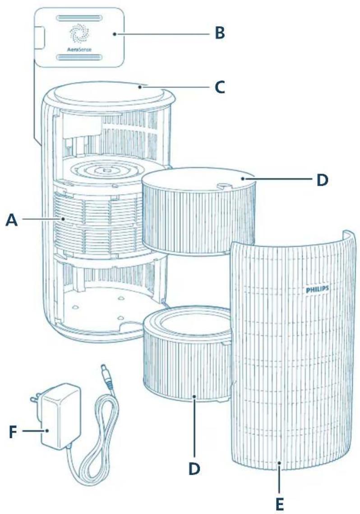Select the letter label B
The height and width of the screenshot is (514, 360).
[220, 34]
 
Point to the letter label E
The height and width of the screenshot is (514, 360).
[280, 502]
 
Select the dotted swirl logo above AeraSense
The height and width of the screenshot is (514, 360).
[79, 33]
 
